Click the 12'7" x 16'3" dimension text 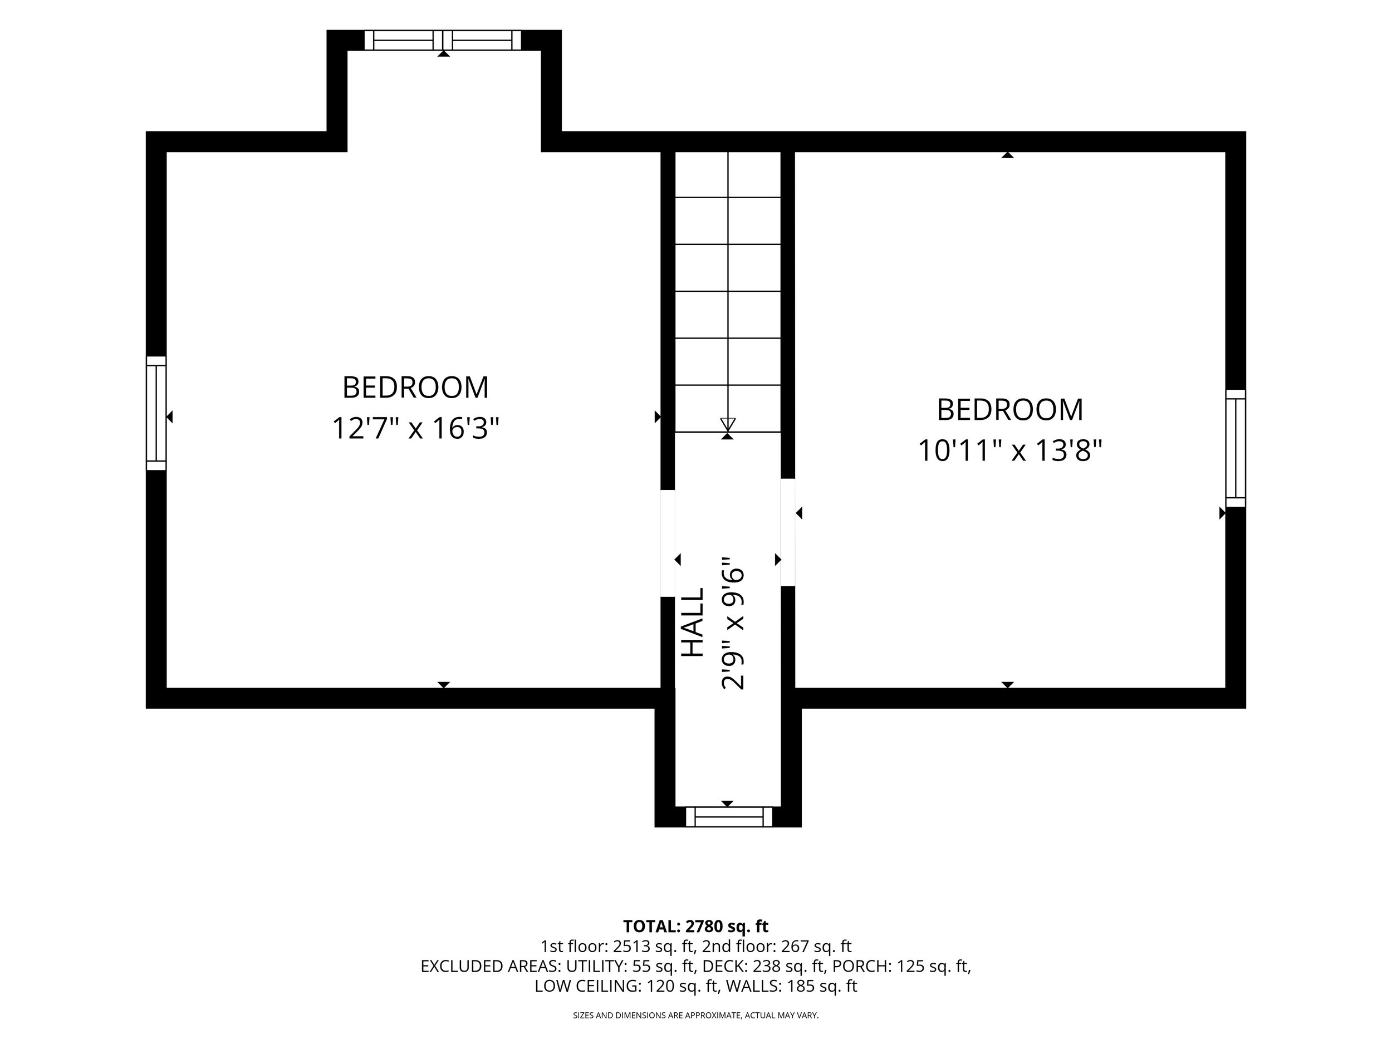click(415, 429)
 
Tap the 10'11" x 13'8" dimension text click(1010, 450)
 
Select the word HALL click(693, 623)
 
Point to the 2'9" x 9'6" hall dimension click(733, 623)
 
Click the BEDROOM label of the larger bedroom click(415, 388)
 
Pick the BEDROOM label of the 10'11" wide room click(1010, 410)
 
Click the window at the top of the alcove click(443, 40)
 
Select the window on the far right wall click(1236, 448)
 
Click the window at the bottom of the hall click(729, 817)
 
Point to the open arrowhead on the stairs click(728, 424)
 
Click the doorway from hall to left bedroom click(668, 543)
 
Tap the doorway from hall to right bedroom click(788, 532)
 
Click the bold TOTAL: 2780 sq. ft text click(695, 927)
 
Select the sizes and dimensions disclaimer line click(695, 1015)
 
